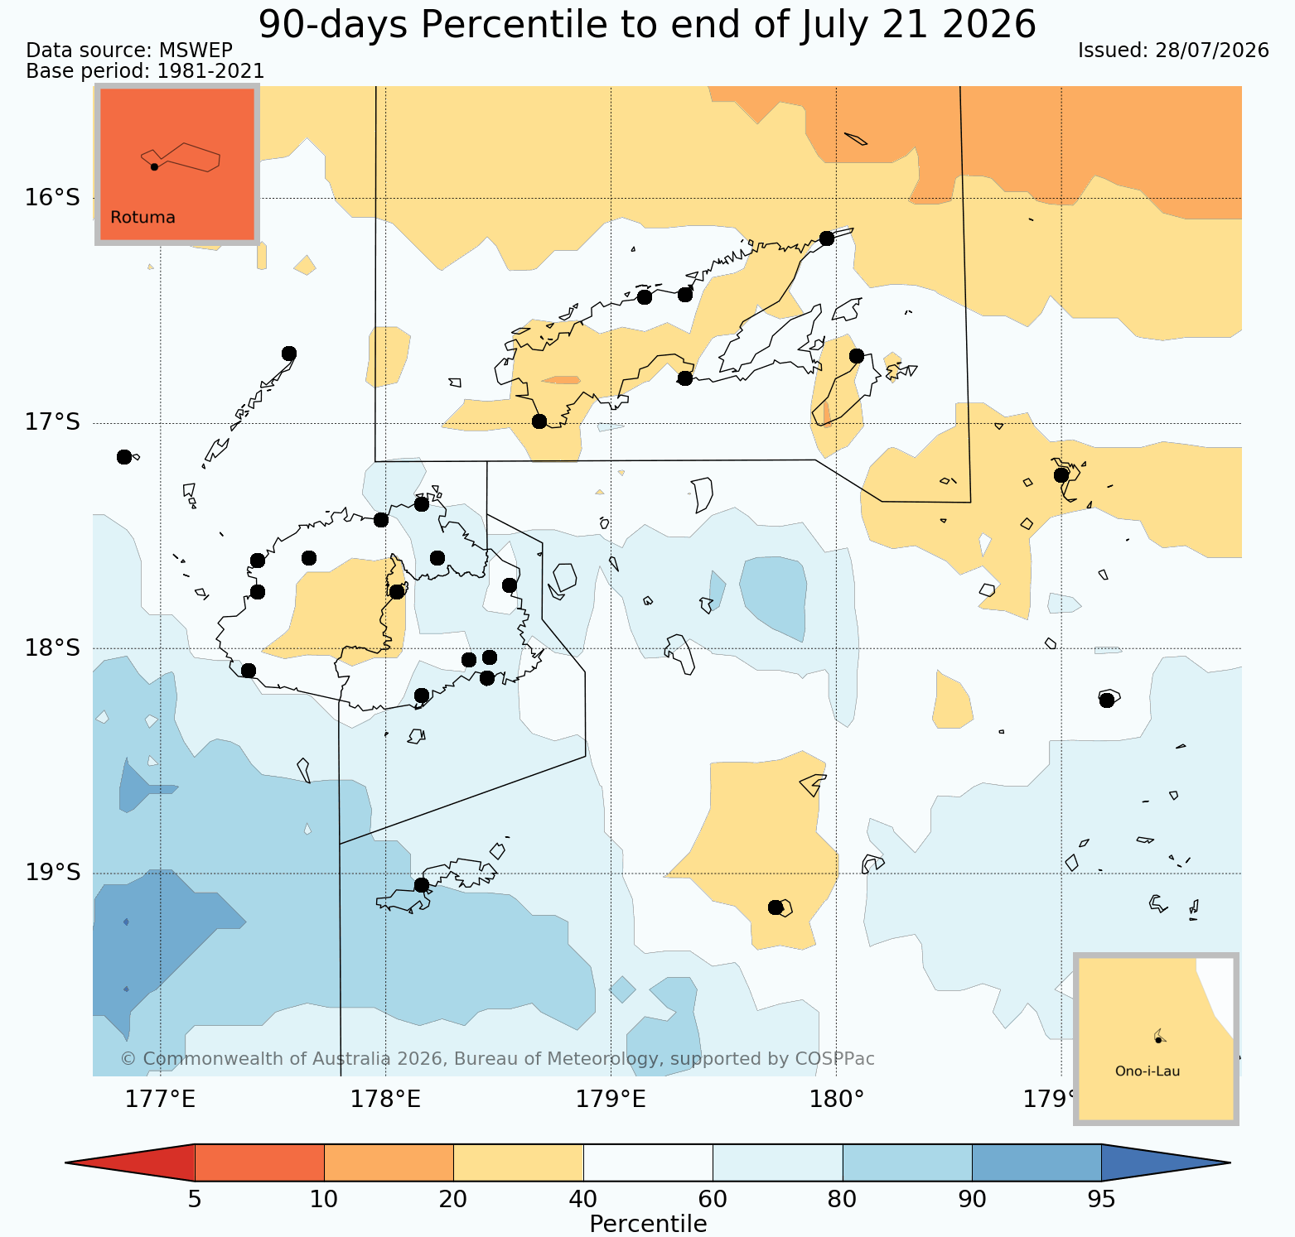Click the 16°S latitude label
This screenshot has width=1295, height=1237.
pyautogui.click(x=52, y=198)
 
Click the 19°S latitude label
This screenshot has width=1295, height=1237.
pyautogui.click(x=52, y=873)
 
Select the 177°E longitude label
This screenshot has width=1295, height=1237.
pyautogui.click(x=160, y=1100)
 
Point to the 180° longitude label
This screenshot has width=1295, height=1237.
pyautogui.click(x=836, y=1100)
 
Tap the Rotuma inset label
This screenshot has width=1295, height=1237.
pyautogui.click(x=143, y=218)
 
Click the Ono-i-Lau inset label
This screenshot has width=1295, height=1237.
pyautogui.click(x=1148, y=1071)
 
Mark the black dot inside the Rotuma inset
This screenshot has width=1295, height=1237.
pyautogui.click(x=154, y=166)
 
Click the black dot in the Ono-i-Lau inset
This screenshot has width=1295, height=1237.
pyautogui.click(x=1157, y=1040)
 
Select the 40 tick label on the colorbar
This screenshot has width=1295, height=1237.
pyautogui.click(x=583, y=1199)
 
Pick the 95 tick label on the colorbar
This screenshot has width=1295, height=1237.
pyautogui.click(x=1101, y=1199)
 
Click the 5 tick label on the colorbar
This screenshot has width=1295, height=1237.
pyautogui.click(x=195, y=1199)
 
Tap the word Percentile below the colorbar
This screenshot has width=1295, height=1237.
pyautogui.click(x=648, y=1224)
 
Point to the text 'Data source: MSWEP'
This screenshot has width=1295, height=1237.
pyautogui.click(x=129, y=51)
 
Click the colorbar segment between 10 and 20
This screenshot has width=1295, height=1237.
pyautogui.click(x=389, y=1162)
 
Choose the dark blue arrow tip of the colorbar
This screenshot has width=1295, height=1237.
pyautogui.click(x=1230, y=1162)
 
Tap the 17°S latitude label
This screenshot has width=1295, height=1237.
pyautogui.click(x=52, y=422)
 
